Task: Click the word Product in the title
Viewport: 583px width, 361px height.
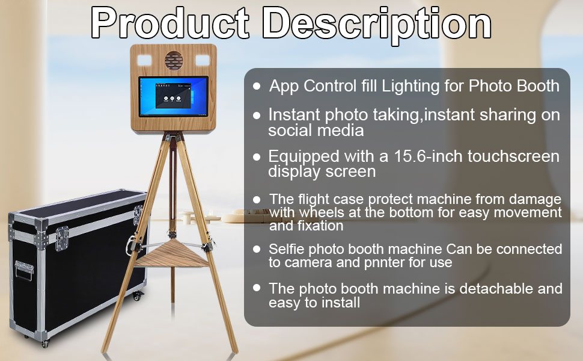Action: (x=169, y=23)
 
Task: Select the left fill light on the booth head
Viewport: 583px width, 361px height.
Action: (x=144, y=60)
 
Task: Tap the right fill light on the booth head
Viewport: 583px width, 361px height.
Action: (x=203, y=60)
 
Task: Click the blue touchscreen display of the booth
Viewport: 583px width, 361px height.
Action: (x=174, y=96)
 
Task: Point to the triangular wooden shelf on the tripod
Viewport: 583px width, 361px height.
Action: (x=172, y=254)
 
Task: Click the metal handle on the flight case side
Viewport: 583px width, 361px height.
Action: (x=24, y=270)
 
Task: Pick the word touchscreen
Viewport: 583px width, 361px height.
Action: (x=513, y=156)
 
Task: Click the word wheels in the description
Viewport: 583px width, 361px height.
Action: (x=322, y=212)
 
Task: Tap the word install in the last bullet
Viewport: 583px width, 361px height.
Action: (x=341, y=302)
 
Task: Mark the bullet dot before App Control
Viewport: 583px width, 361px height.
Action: (x=257, y=86)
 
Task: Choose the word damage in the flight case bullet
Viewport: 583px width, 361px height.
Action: (x=535, y=200)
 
